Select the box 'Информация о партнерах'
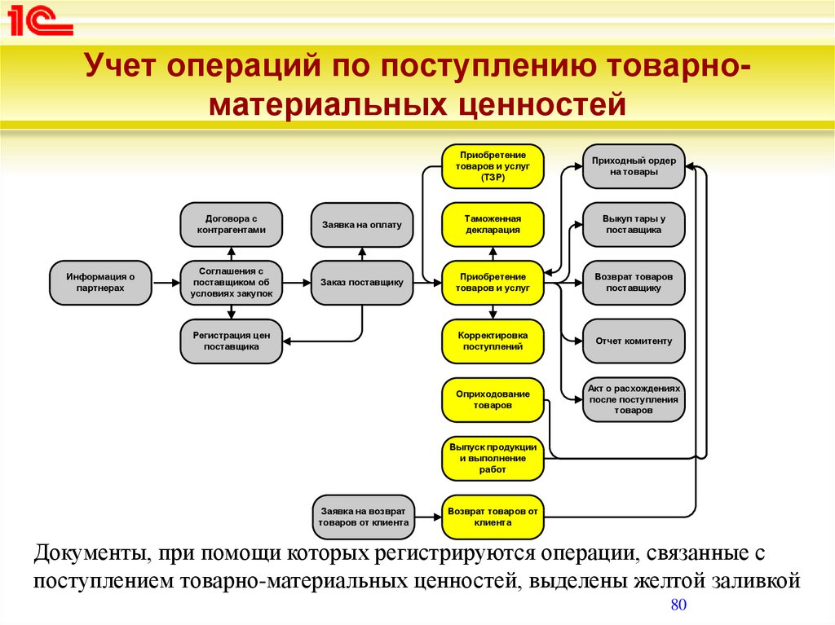pos(100,283)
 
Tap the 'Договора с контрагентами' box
pos(231,224)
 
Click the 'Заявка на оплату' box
pos(361,225)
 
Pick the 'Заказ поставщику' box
pos(361,283)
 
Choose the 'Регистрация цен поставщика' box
pos(231,341)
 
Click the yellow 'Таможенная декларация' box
pos(493,224)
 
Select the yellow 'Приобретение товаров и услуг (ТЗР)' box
pos(493,166)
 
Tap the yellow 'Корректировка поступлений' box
pos(493,341)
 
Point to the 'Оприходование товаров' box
pos(493,400)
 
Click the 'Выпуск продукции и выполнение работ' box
pos(493,459)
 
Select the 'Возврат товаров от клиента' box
pos(493,517)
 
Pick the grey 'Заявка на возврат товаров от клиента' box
pos(363,517)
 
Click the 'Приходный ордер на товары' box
pos(634,166)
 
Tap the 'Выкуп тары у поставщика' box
pos(634,224)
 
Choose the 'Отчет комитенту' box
pos(634,341)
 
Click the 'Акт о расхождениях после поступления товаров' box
pos(634,400)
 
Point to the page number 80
pos(678,605)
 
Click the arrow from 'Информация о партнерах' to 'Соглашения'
pos(166,283)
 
